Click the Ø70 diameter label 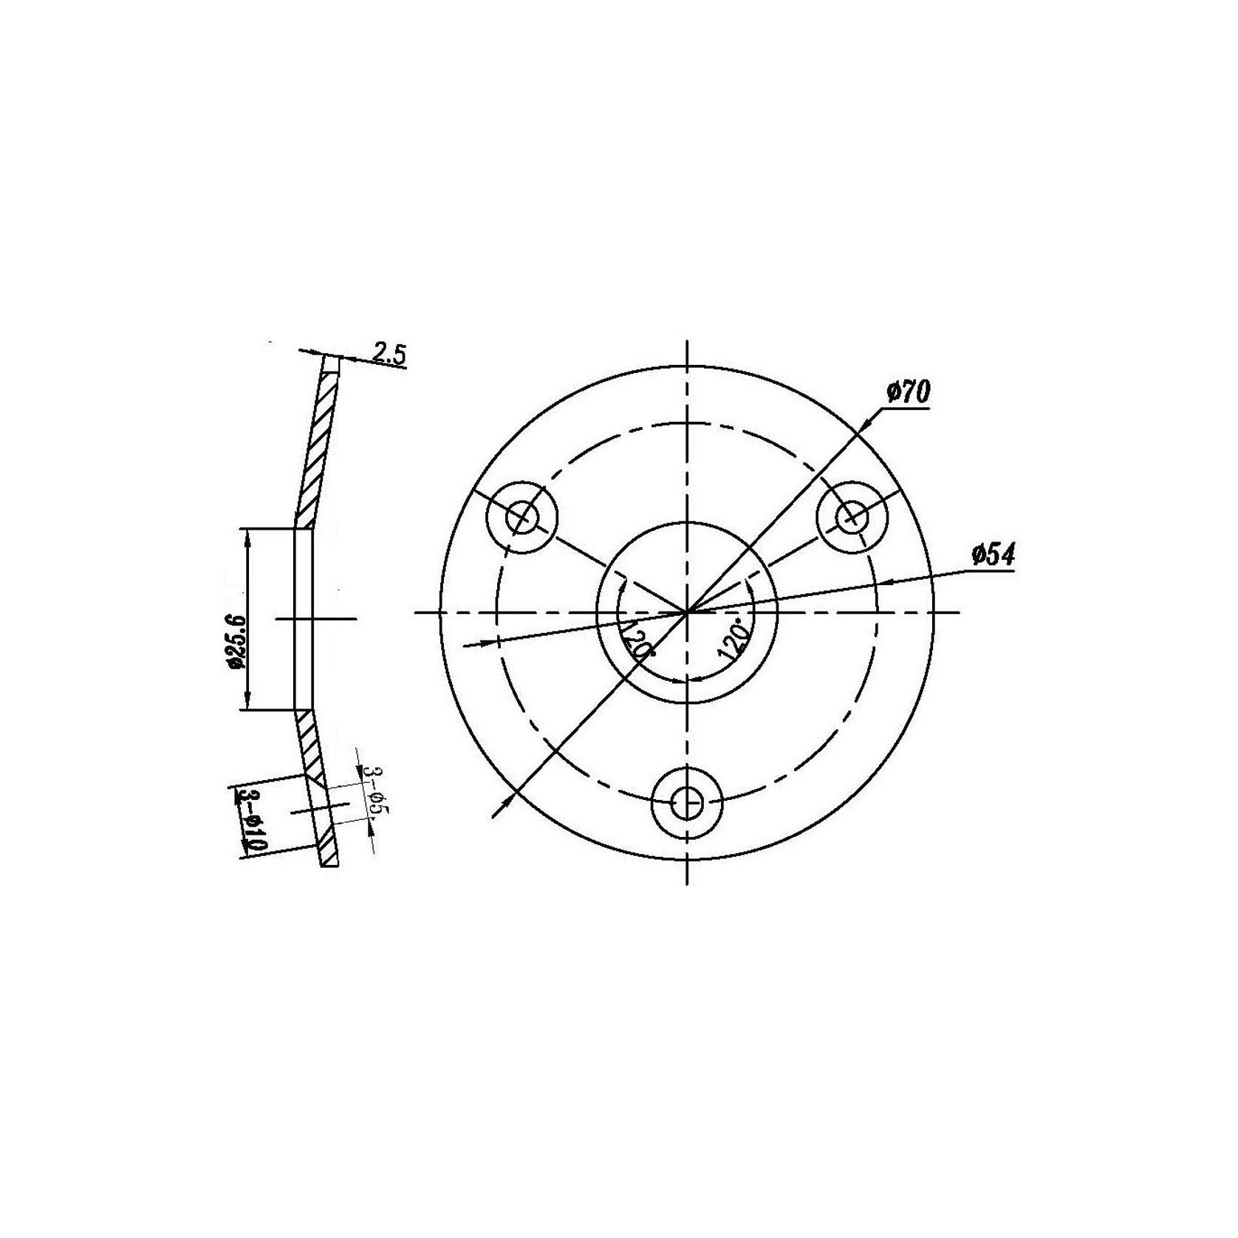(x=908, y=391)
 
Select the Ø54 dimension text (x=994, y=555)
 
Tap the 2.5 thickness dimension (x=389, y=354)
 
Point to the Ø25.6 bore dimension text (x=236, y=641)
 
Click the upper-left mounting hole (x=522, y=517)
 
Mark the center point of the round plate (x=688, y=612)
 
